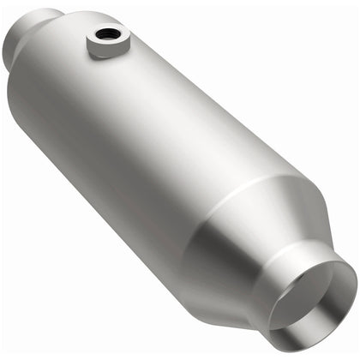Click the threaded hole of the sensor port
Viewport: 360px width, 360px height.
(108, 35)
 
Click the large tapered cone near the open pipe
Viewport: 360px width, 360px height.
(257, 231)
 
